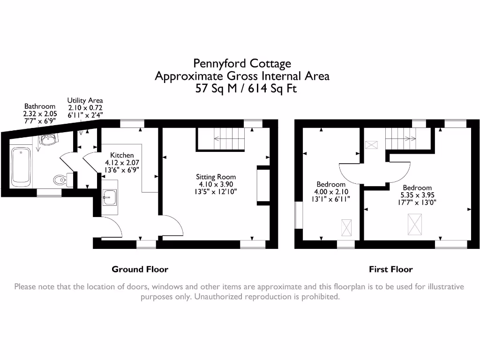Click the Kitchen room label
coord(122,155)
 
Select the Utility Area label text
coord(85,100)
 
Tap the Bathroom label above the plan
coord(40,106)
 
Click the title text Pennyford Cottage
coord(242,63)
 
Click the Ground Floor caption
coord(140,269)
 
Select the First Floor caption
coord(390,269)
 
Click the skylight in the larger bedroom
coord(414,224)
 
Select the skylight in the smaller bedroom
coord(346,228)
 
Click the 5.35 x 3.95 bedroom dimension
coord(417,195)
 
